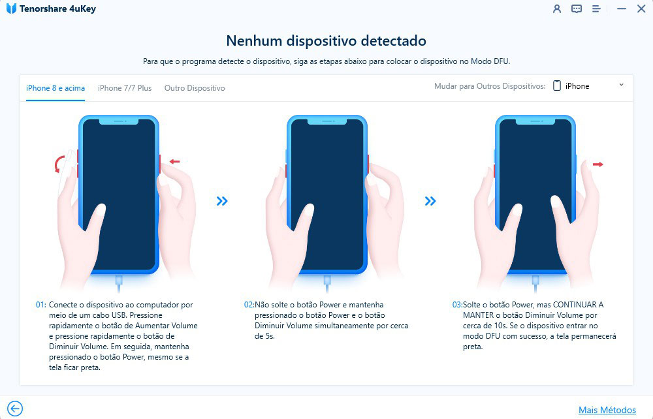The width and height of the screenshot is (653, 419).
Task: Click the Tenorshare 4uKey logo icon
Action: click(11, 8)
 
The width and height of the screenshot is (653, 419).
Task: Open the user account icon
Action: click(557, 8)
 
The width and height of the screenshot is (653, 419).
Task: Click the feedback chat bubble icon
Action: click(577, 8)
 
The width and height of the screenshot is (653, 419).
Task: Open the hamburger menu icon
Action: click(596, 8)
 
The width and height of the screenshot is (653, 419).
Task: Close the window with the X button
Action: click(641, 8)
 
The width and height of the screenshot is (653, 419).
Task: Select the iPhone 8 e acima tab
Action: click(56, 88)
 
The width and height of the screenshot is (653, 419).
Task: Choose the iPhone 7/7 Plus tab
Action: click(125, 88)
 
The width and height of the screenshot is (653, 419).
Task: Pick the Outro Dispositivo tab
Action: click(195, 88)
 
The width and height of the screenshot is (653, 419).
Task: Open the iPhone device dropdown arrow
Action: click(622, 85)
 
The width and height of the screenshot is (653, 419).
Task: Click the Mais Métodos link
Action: click(607, 410)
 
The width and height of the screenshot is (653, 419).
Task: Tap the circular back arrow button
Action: click(15, 409)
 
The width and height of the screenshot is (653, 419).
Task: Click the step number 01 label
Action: click(40, 305)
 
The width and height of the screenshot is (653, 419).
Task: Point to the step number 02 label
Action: click(249, 305)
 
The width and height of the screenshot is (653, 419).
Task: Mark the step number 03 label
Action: click(457, 305)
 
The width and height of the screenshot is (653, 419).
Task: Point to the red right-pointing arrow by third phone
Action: click(598, 164)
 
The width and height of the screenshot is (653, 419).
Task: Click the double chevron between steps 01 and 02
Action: click(222, 202)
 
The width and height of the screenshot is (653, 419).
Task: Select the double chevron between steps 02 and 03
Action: click(430, 202)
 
